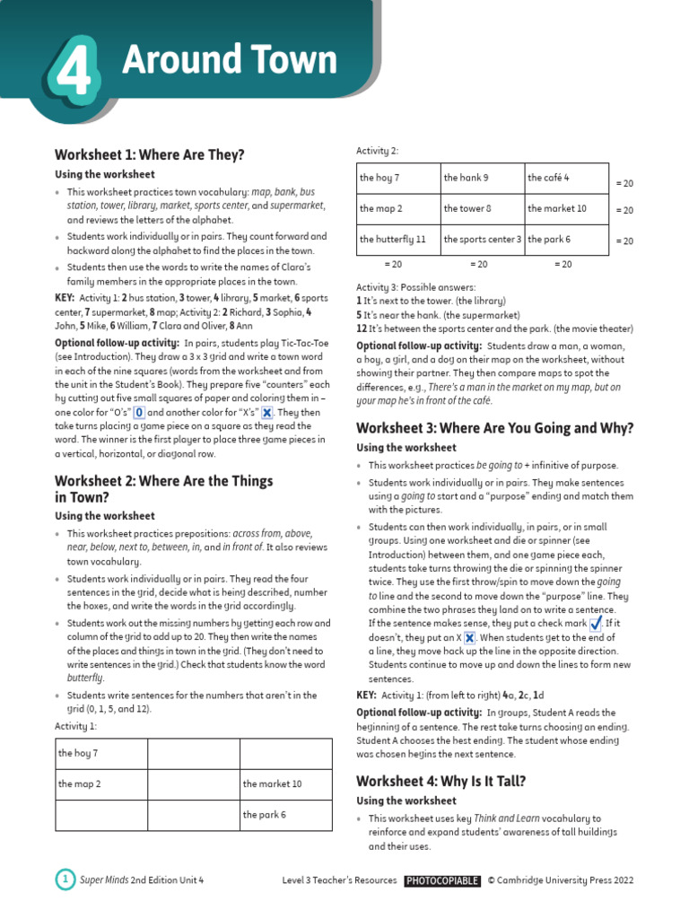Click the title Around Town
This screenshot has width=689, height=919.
[229, 60]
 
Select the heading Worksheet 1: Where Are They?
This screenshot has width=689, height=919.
[149, 154]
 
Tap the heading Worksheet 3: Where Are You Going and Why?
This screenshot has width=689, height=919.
[494, 428]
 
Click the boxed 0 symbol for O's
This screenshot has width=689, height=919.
[139, 413]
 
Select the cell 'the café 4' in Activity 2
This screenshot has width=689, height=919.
[566, 178]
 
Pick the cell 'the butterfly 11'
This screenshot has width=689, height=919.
[397, 240]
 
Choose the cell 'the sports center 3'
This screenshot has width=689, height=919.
[482, 240]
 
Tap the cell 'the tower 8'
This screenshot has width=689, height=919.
[482, 208]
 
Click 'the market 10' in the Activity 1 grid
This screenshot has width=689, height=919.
[285, 783]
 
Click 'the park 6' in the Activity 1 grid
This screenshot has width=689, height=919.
[285, 815]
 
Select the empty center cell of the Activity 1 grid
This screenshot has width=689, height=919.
[193, 783]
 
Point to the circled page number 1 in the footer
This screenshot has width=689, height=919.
[65, 880]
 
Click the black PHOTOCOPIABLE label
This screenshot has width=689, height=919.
[441, 881]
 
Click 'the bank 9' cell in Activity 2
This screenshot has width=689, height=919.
[482, 178]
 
